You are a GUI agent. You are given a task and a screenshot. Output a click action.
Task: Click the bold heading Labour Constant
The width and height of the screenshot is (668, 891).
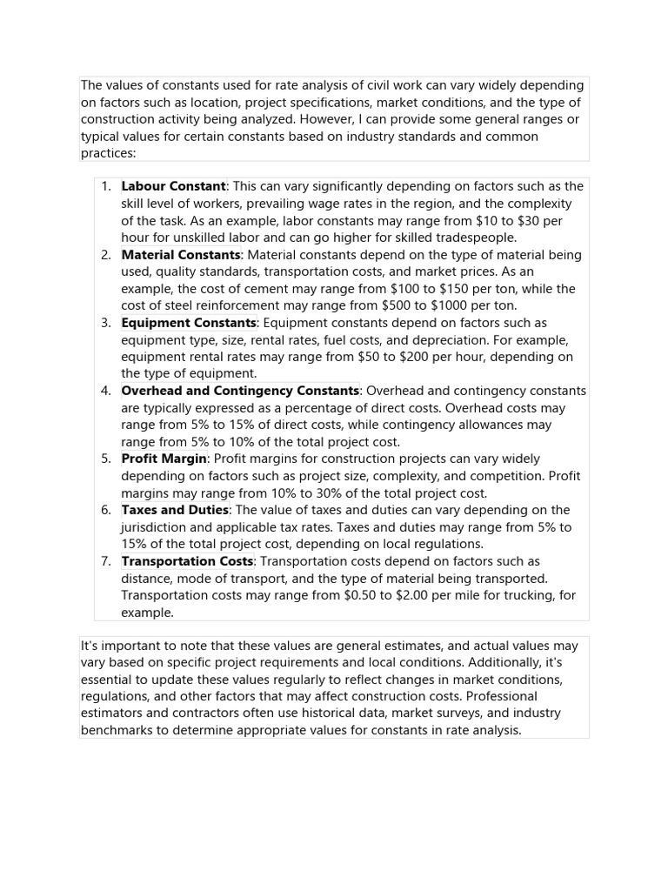pyautogui.click(x=173, y=186)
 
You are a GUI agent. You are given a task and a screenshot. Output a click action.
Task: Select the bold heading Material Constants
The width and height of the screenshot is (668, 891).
pyautogui.click(x=181, y=255)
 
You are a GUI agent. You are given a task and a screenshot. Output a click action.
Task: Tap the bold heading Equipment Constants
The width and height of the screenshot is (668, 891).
pyautogui.click(x=189, y=323)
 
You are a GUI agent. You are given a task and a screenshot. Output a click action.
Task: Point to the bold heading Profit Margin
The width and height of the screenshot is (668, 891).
pyautogui.click(x=164, y=459)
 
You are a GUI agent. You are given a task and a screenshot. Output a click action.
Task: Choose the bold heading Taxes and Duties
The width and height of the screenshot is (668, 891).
pyautogui.click(x=175, y=510)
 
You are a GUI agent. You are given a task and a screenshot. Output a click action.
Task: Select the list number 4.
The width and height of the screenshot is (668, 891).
pyautogui.click(x=105, y=391)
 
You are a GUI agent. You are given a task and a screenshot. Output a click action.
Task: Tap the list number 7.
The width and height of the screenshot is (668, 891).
pyautogui.click(x=105, y=561)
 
